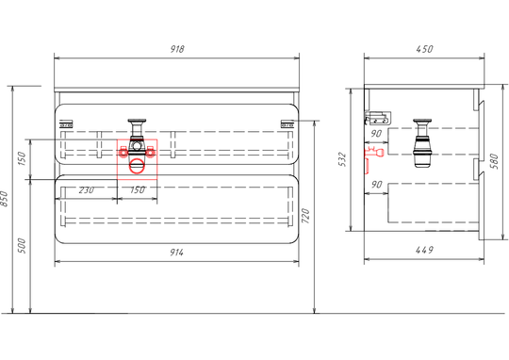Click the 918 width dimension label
pos(177,49)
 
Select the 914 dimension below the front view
pos(177,253)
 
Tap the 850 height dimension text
pos(4,199)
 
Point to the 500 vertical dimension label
pos(22,246)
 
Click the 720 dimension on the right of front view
pos(305,216)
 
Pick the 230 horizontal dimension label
pos(87,190)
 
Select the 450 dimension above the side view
pos(424,49)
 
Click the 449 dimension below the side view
pos(424,250)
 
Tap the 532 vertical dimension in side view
pos(343,159)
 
